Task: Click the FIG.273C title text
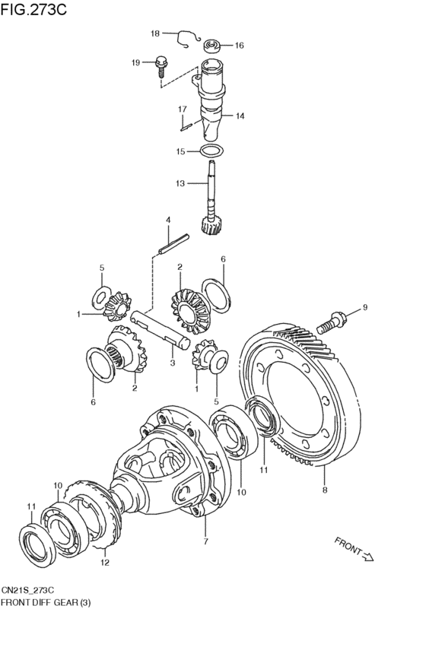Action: point(33,9)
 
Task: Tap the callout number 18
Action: point(155,33)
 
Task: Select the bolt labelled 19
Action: point(161,66)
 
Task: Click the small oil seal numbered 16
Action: point(212,46)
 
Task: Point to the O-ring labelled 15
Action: point(211,151)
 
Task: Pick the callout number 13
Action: point(180,183)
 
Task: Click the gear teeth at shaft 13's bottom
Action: point(211,225)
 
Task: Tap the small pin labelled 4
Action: point(173,244)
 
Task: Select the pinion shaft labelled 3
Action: point(160,330)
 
